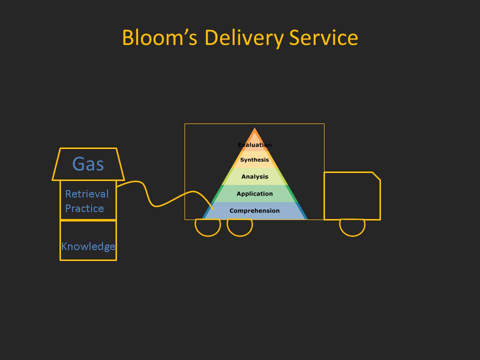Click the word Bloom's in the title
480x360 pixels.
159,37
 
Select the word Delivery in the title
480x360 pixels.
244,38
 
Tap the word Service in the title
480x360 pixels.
323,37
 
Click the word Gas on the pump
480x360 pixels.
88,164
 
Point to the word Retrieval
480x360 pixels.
87,194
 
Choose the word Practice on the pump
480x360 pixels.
84,208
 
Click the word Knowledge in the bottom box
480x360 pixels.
88,246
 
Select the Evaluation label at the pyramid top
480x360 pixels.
254,145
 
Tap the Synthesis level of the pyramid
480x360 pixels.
254,160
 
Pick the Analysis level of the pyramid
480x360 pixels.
254,176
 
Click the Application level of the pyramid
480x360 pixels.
254,194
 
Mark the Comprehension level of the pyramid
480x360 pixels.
254,210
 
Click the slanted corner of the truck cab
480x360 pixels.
376,176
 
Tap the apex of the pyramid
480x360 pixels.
254,128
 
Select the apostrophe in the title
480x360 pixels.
185,32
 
